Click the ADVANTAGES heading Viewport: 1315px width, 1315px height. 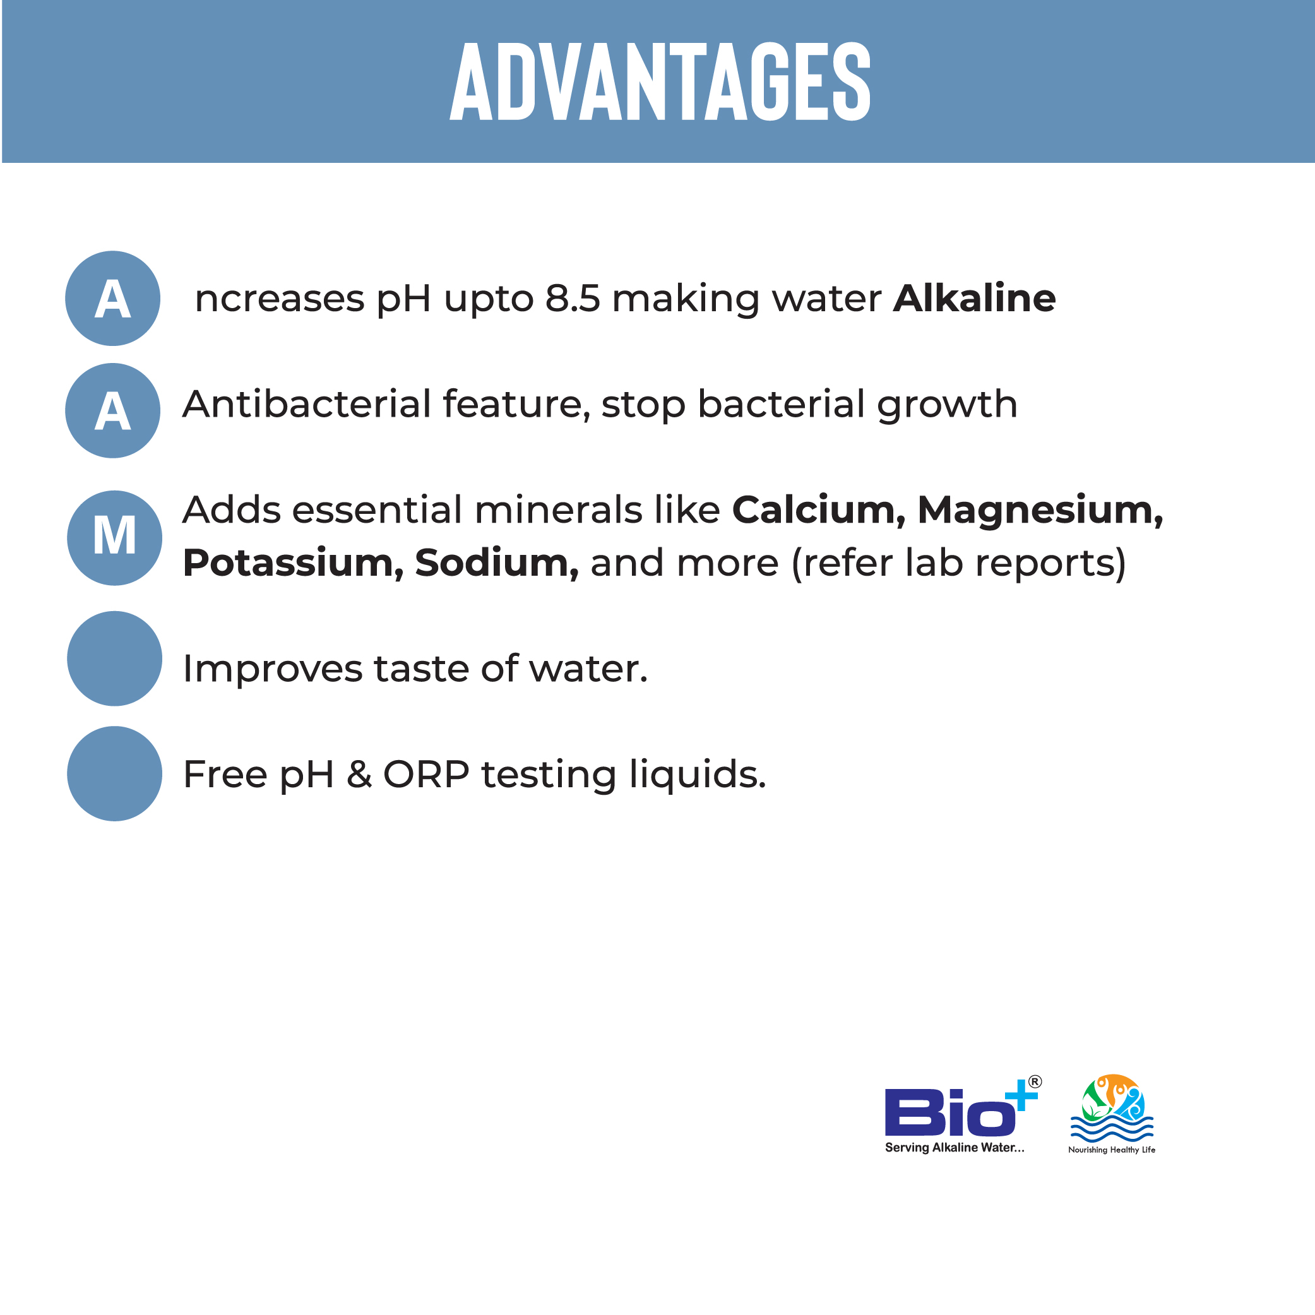tap(660, 81)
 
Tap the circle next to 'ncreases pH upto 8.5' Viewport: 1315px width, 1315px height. tap(112, 298)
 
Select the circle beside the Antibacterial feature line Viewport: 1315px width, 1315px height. tap(112, 410)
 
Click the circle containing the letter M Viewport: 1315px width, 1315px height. tap(114, 538)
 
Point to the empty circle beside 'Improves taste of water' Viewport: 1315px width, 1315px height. tap(114, 658)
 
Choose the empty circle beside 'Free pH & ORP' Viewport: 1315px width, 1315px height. tap(114, 773)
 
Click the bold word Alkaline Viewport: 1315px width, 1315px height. tap(974, 298)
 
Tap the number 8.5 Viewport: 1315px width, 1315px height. tap(573, 299)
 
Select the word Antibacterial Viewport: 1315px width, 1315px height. tap(307, 403)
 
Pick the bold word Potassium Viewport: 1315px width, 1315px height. tap(294, 564)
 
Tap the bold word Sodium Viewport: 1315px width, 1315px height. tap(497, 564)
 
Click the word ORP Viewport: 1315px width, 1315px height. tap(426, 775)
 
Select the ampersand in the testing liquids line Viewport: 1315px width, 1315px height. tap(359, 775)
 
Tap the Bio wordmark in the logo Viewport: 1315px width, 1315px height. tap(949, 1112)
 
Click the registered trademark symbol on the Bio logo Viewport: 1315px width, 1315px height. tap(1035, 1081)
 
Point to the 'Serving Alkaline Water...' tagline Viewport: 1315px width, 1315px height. tap(955, 1148)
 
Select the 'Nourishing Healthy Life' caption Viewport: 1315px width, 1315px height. tap(1112, 1150)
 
